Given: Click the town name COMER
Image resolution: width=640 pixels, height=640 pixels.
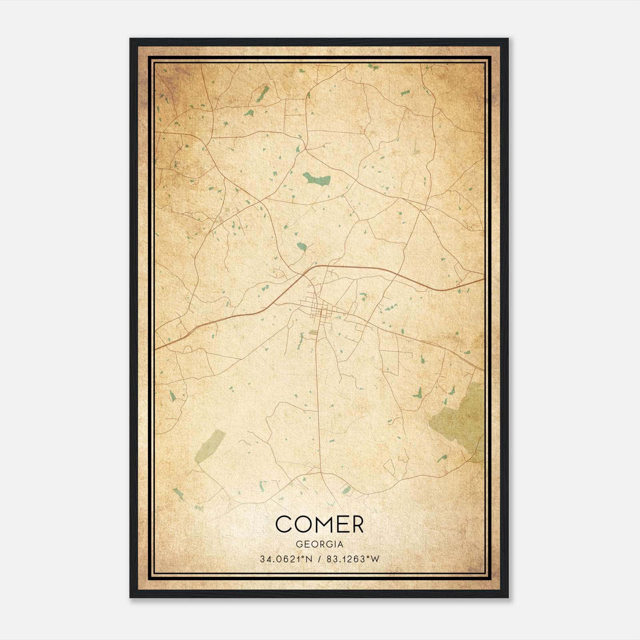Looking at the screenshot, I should point(319,524).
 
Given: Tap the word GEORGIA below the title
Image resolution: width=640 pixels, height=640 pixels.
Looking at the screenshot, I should point(319,544).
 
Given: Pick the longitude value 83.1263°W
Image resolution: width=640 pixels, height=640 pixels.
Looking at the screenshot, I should point(352,560).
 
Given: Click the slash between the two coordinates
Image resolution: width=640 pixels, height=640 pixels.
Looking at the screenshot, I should point(318,560).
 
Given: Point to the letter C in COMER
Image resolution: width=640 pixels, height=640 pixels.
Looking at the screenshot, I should point(284,524).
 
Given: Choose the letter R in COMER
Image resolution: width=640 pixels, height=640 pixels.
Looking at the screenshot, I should point(357,524).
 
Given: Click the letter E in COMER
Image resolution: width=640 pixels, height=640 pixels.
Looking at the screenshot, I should point(341,524).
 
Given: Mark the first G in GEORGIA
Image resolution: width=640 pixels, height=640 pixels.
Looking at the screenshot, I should point(298,544).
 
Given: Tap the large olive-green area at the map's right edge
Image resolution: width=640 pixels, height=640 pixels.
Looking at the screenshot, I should point(460,416).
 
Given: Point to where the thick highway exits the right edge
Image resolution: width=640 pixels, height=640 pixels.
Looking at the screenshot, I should point(483,280).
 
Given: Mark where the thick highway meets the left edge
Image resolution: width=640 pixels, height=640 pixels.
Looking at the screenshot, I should point(156,348).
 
